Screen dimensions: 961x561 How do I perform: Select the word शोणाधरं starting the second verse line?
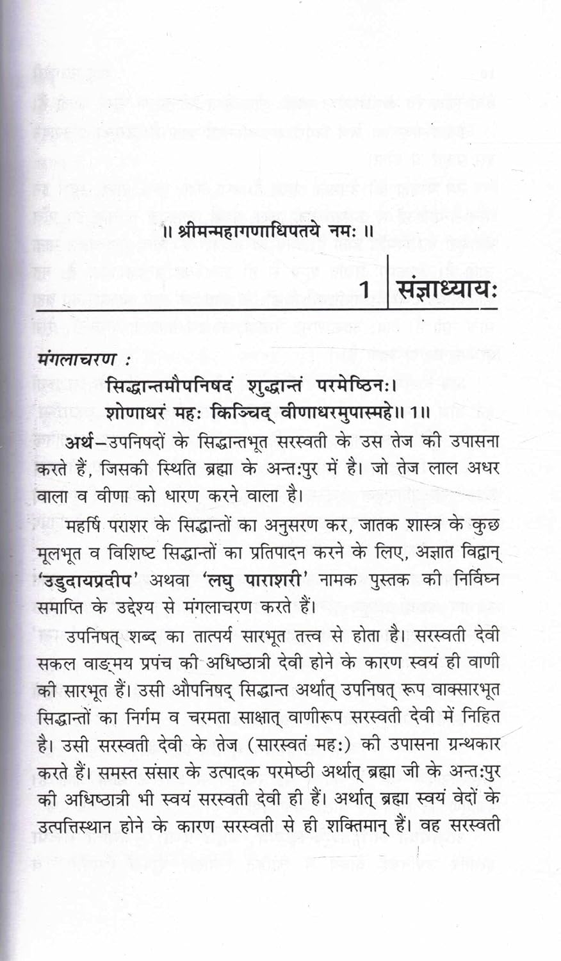pyautogui.click(x=137, y=413)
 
